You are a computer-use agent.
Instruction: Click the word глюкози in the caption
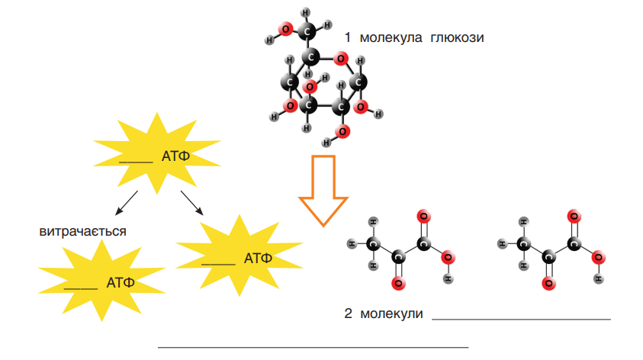(457, 37)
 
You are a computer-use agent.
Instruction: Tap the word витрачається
(82, 231)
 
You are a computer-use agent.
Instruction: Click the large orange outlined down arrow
(323, 191)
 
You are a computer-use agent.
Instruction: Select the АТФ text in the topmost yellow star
(175, 156)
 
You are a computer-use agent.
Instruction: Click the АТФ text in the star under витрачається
(121, 282)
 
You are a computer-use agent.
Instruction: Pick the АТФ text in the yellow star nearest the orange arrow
(258, 258)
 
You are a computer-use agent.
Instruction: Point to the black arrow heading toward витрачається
(127, 203)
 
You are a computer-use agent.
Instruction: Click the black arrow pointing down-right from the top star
(192, 203)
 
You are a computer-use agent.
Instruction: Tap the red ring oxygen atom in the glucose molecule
(340, 59)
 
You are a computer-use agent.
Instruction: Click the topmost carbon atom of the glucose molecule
(307, 31)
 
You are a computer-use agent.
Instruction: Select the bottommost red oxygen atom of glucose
(342, 132)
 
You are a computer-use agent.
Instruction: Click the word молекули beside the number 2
(391, 313)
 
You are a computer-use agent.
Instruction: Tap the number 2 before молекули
(348, 313)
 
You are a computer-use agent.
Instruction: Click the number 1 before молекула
(348, 37)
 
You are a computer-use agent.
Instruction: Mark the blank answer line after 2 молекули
(521, 319)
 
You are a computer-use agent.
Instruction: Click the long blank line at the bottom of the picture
(313, 347)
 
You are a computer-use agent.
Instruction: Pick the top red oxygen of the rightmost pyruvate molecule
(574, 217)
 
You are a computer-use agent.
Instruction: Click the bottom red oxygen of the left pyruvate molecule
(398, 283)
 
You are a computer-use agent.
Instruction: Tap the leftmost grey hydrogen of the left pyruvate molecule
(352, 244)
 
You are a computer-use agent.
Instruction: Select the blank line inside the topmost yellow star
(136, 162)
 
